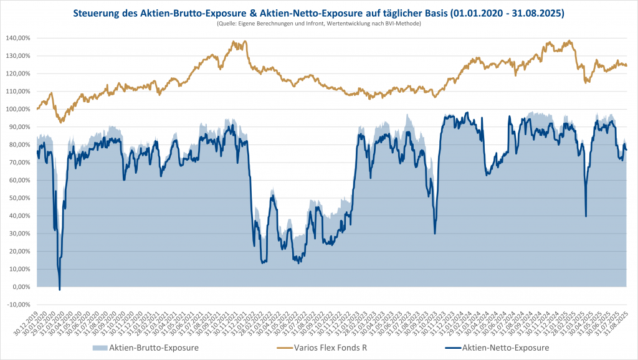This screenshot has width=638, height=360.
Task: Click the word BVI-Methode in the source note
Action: pyautogui.click(x=404, y=23)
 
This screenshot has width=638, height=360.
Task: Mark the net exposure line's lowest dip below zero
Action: pyautogui.click(x=60, y=290)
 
